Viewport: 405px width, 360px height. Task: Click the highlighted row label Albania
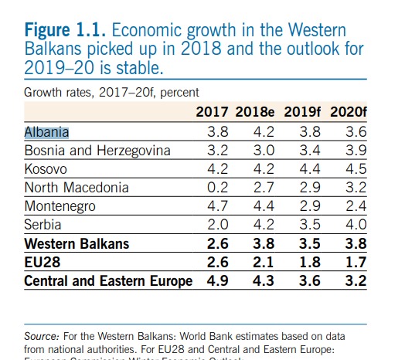click(x=47, y=131)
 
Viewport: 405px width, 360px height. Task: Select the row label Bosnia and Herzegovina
click(x=97, y=151)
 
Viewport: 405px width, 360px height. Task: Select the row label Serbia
click(x=44, y=225)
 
